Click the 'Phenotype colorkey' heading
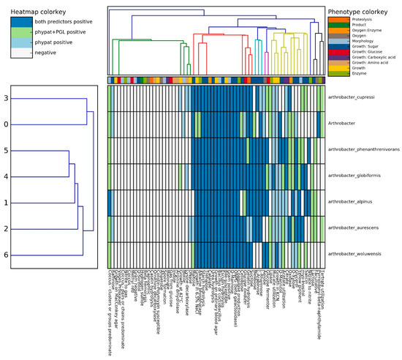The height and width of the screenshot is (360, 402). pyautogui.click(x=362, y=11)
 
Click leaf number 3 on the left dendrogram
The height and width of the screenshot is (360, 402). pyautogui.click(x=7, y=98)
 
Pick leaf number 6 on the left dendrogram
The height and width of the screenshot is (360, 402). pyautogui.click(x=7, y=255)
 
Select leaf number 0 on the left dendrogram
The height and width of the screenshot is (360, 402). pyautogui.click(x=7, y=124)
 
